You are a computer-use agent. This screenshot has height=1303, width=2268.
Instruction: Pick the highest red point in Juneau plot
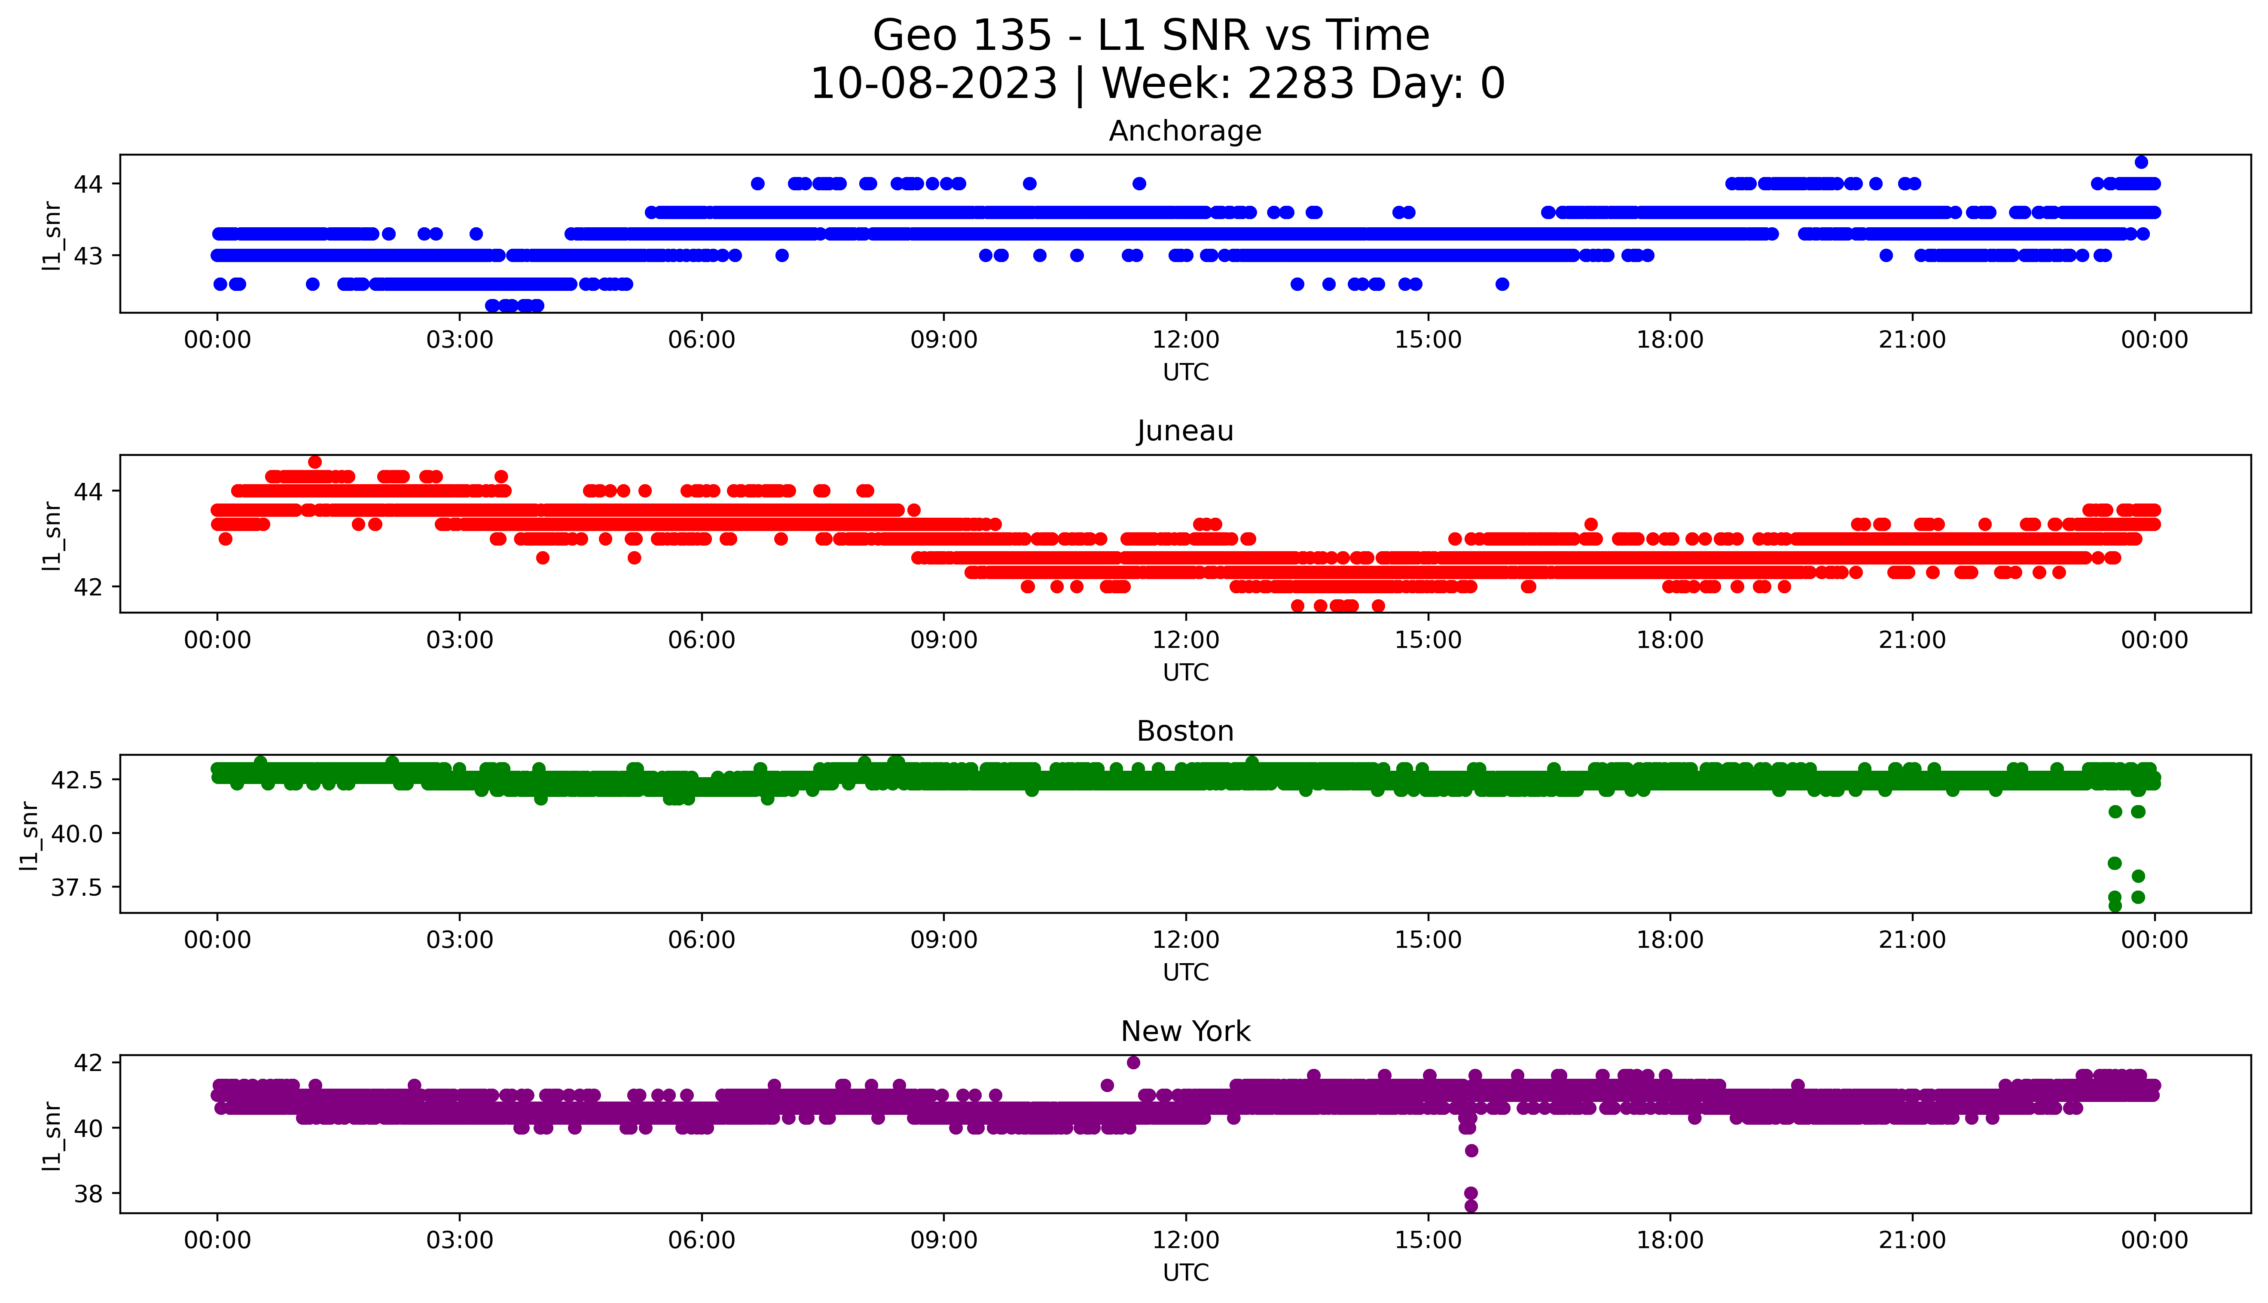click(x=314, y=462)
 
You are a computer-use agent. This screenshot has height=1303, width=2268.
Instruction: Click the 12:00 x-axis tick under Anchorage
click(x=1185, y=340)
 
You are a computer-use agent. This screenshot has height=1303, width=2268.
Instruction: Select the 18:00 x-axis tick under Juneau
click(x=1670, y=640)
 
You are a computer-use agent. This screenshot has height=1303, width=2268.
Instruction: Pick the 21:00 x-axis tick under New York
click(x=1913, y=1240)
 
